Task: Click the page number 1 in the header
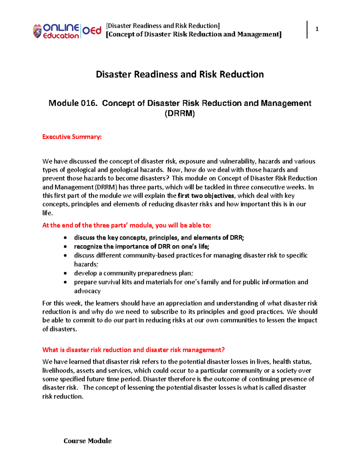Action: click(317, 29)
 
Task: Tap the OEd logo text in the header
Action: click(92, 31)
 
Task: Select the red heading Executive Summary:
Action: click(72, 137)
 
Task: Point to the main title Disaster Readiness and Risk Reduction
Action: click(180, 74)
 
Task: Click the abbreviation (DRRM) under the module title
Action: click(180, 114)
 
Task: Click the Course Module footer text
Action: click(88, 441)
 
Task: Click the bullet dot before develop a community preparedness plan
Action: click(65, 273)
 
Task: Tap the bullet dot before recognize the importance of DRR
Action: click(65, 247)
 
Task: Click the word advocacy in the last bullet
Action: click(87, 291)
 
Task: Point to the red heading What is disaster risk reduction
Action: click(133, 350)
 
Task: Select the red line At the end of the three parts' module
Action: click(127, 225)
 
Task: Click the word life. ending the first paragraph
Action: click(47, 213)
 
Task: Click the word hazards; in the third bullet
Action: click(86, 264)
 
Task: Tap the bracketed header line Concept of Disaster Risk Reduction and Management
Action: click(194, 35)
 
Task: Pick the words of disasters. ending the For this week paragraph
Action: click(60, 329)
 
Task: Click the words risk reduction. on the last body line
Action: click(63, 396)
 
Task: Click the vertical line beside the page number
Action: click(307, 29)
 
